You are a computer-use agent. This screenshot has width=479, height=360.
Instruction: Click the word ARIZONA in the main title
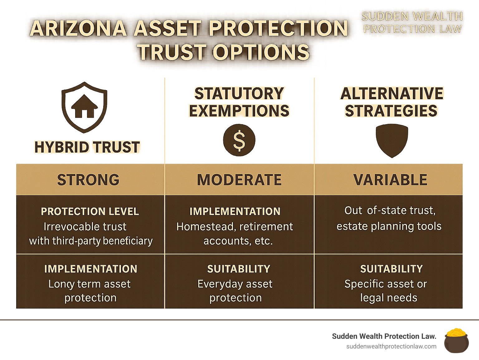78,28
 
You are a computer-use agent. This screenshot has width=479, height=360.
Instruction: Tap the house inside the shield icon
85,106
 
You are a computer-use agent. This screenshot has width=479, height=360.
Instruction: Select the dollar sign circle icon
239,140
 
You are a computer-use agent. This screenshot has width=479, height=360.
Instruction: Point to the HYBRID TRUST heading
87,147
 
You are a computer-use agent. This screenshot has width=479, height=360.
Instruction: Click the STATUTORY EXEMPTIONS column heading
239,102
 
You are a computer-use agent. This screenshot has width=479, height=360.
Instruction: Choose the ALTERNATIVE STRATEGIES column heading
392,102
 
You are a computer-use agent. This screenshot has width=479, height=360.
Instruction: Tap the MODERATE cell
239,180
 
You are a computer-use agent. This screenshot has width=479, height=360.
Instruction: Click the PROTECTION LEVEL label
90,211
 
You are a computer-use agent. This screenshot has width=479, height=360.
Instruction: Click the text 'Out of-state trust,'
390,211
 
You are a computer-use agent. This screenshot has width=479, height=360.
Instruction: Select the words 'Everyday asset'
235,284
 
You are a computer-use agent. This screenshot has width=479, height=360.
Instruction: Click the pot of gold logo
456,340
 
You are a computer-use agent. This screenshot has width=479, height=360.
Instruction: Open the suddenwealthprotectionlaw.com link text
391,347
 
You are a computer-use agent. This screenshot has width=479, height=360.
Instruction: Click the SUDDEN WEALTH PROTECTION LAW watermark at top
412,22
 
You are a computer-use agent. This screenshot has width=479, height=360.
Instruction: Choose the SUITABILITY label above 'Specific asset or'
391,269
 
